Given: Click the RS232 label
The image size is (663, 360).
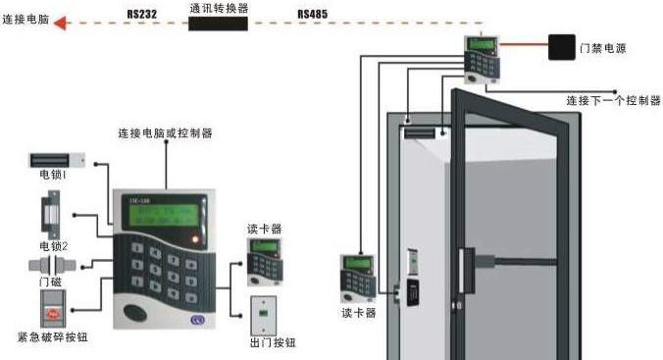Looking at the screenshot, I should click(143, 15).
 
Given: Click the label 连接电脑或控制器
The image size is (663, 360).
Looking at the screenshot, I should click(165, 132).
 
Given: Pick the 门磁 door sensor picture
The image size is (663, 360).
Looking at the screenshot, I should click(54, 267).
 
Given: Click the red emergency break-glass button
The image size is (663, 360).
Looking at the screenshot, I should click(54, 313).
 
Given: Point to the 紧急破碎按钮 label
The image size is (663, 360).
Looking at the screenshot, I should click(54, 337).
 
